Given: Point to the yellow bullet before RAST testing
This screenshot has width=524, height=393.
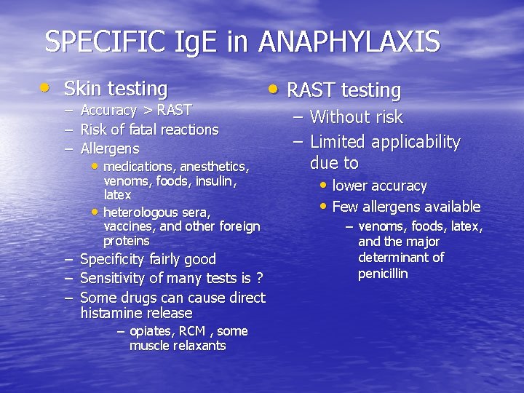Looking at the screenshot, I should click(271, 89).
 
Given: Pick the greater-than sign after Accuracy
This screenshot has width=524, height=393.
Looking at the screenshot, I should click(147, 111).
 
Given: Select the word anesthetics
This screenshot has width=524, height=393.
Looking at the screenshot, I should click(215, 167).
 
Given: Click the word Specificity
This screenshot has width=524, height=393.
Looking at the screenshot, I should click(112, 259).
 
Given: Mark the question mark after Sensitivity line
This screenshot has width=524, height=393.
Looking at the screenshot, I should click(258, 278).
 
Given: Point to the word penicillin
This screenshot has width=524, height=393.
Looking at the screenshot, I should click(383, 274).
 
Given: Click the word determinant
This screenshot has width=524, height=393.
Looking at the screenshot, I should click(401, 258).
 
